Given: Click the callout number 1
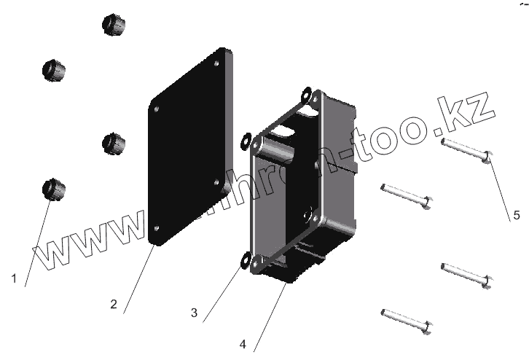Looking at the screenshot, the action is click(13, 278).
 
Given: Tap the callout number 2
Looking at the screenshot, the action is click(114, 305).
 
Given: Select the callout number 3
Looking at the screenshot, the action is click(194, 313).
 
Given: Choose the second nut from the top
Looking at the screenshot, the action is click(54, 71).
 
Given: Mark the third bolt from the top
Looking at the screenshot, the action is click(466, 273).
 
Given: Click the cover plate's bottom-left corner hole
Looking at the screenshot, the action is click(157, 228).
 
